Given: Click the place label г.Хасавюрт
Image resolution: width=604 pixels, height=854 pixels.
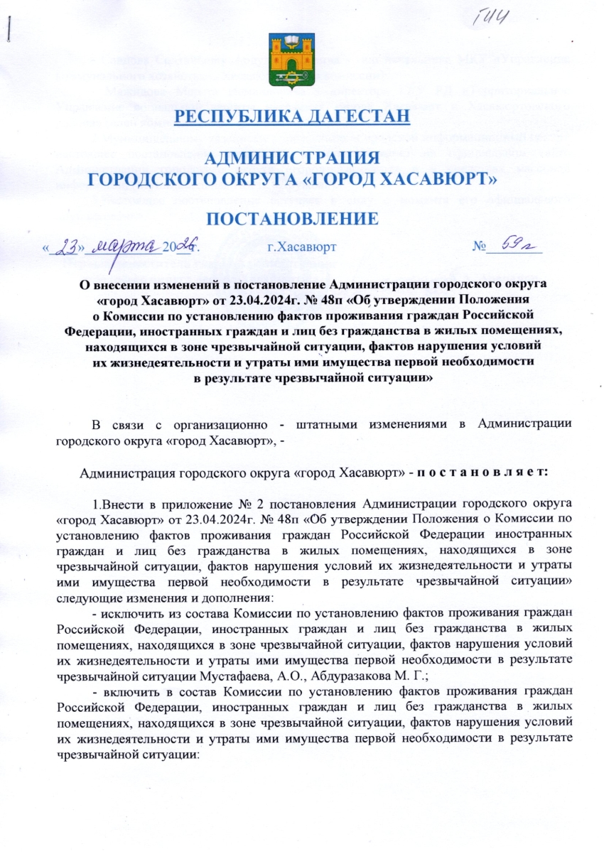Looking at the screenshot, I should click(x=297, y=248).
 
